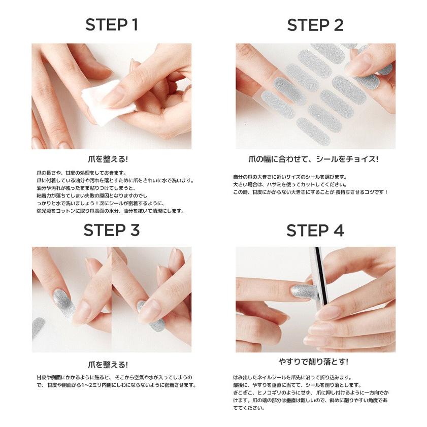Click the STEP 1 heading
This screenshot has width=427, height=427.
pos(111,25)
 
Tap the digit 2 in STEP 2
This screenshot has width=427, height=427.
pos(337,25)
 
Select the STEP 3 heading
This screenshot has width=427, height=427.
pos(111,231)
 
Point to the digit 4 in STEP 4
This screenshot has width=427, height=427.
pos(337,231)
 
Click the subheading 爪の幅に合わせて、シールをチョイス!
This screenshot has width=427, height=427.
pos(315,159)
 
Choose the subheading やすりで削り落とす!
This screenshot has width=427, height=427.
pos(314,362)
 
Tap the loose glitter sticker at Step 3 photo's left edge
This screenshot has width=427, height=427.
pos(38,328)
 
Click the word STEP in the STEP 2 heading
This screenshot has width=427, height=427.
pos(306,25)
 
